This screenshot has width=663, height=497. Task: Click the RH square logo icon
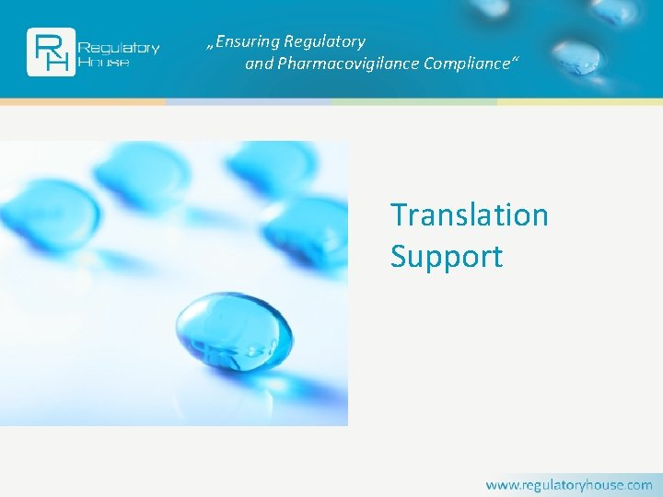51,52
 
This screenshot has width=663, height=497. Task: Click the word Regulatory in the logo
119,47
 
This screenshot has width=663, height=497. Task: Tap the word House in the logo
104,62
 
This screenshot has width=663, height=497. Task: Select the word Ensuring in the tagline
246,41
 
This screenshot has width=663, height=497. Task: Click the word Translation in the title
469,214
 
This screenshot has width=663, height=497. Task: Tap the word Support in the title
447,256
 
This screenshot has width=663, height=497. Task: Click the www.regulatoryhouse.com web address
569,484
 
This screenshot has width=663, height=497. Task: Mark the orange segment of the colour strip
83,101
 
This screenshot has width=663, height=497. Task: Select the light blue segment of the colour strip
249,101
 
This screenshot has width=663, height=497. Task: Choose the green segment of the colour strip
414,101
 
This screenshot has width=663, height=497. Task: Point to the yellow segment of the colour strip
580,101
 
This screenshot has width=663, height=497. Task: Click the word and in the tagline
259,64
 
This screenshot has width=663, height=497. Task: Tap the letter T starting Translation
401,214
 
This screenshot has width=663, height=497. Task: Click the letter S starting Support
399,256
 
